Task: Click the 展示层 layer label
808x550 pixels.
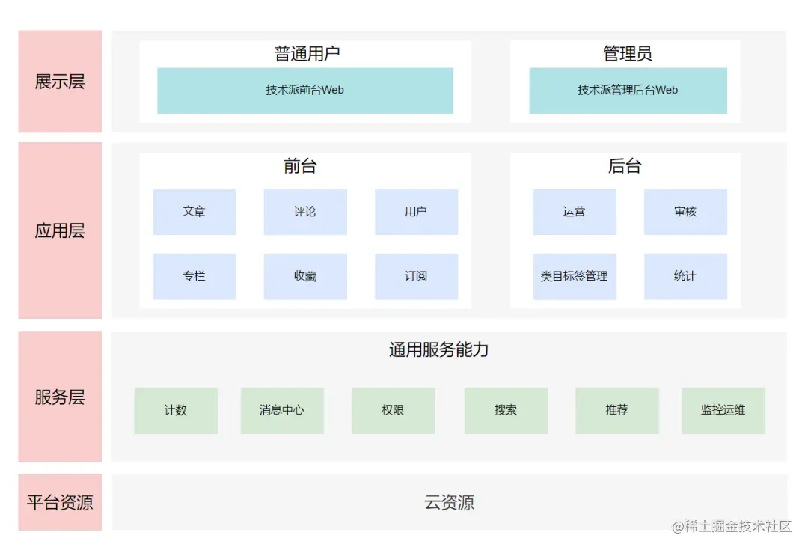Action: (x=60, y=82)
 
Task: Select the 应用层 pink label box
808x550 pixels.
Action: (x=60, y=230)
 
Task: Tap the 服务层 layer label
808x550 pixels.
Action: (x=60, y=397)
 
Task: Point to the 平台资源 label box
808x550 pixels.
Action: (x=60, y=502)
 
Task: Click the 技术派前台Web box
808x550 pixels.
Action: (x=304, y=91)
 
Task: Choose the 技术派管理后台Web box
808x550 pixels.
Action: (x=628, y=91)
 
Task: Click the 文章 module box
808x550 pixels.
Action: (x=194, y=212)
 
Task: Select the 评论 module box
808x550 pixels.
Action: (x=304, y=212)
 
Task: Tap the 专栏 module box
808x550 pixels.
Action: (x=194, y=276)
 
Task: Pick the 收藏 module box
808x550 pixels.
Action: (x=304, y=276)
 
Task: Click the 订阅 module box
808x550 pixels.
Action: (x=416, y=276)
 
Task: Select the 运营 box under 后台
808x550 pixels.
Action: (x=574, y=212)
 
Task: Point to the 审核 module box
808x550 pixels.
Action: (x=685, y=212)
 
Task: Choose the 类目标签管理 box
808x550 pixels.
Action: (x=574, y=276)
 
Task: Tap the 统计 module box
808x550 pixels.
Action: (x=685, y=276)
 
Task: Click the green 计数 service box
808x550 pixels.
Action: (x=176, y=410)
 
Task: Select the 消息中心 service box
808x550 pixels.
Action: (x=282, y=410)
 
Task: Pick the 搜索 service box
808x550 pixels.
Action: (x=506, y=410)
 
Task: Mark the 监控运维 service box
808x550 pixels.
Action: (x=723, y=410)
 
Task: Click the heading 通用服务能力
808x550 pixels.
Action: (x=438, y=349)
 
